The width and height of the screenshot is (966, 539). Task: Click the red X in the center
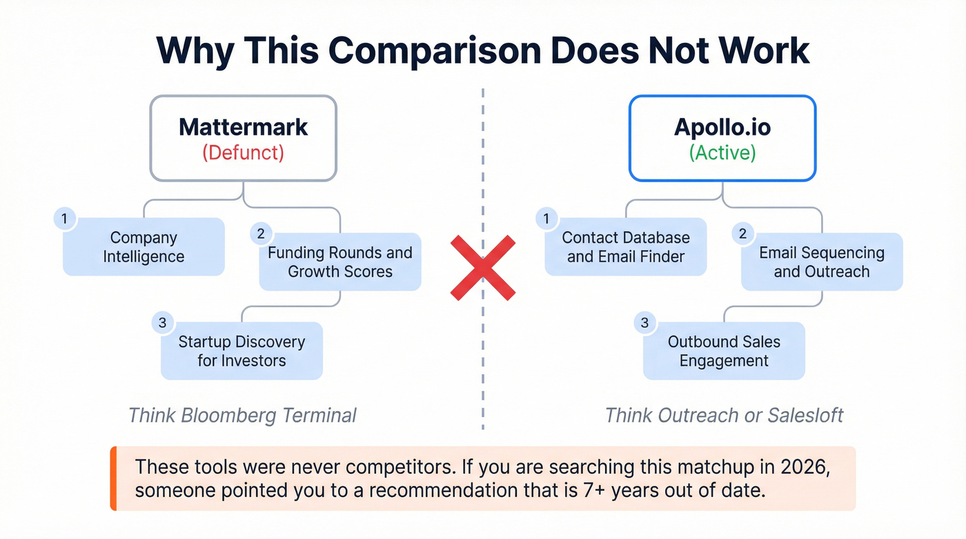pyautogui.click(x=483, y=268)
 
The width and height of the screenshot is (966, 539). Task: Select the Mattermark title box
pyautogui.click(x=243, y=138)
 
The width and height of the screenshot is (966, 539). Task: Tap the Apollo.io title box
pyautogui.click(x=722, y=138)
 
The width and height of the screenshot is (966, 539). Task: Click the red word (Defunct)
pyautogui.click(x=243, y=153)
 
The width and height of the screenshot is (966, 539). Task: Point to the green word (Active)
pyautogui.click(x=722, y=153)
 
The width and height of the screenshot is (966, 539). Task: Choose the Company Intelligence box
pyautogui.click(x=144, y=247)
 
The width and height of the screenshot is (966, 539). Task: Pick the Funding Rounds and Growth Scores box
pyautogui.click(x=339, y=262)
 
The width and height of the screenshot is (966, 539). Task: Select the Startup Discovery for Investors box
pyautogui.click(x=241, y=351)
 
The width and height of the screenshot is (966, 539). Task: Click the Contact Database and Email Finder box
pyautogui.click(x=626, y=247)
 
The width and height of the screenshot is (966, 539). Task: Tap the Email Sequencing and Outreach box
pyautogui.click(x=822, y=262)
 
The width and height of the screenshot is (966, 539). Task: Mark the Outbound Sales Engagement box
pyautogui.click(x=724, y=351)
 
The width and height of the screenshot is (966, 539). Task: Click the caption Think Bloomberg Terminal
pyautogui.click(x=242, y=415)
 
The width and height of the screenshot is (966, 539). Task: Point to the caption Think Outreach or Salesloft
pyautogui.click(x=724, y=415)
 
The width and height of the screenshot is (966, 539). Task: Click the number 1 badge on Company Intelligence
pyautogui.click(x=64, y=219)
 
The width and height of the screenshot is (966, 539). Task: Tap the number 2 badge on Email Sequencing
pyautogui.click(x=742, y=234)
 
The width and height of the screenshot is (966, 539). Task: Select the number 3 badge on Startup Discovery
pyautogui.click(x=162, y=322)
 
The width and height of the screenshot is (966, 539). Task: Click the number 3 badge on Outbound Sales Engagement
pyautogui.click(x=644, y=322)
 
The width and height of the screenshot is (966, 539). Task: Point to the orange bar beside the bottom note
pyautogui.click(x=113, y=478)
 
